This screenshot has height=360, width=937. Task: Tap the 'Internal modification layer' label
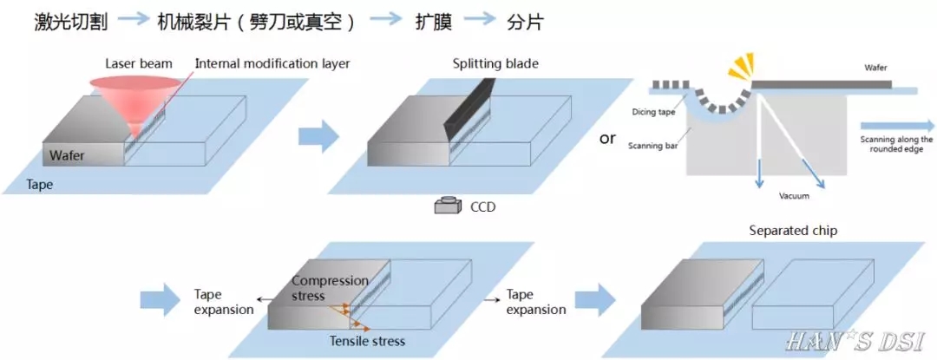coord(272,63)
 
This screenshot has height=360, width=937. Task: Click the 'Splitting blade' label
coord(495,63)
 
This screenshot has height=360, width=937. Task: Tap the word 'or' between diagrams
coord(607,138)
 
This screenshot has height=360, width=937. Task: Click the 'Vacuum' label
coord(794,196)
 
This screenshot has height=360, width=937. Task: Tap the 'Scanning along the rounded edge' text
coord(896,145)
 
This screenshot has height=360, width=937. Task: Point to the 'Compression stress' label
coord(330,288)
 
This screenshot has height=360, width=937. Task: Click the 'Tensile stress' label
coord(367,341)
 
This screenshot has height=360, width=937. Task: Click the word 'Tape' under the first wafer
coord(39,185)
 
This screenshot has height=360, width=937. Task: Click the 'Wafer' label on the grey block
coord(67,156)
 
